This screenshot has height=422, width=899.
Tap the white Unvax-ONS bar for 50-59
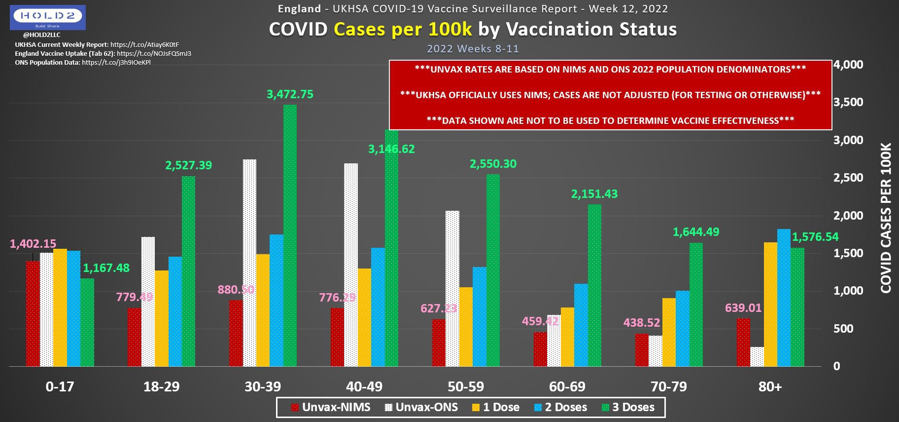pyautogui.click(x=452, y=288)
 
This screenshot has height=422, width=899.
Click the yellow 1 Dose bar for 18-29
pyautogui.click(x=162, y=318)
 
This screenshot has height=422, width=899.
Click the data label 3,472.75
pyautogui.click(x=290, y=94)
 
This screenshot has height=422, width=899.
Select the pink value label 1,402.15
pyautogui.click(x=33, y=243)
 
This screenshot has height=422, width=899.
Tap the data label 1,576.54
pyautogui.click(x=815, y=237)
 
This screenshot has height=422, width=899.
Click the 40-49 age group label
pyautogui.click(x=364, y=386)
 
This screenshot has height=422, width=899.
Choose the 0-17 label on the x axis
pyautogui.click(x=60, y=386)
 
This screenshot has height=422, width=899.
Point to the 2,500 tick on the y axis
pyautogui.click(x=848, y=178)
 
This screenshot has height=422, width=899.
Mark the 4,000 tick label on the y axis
pyautogui.click(x=848, y=65)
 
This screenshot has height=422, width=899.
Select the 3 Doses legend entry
pyautogui.click(x=628, y=407)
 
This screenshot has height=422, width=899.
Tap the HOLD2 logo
pyautogui.click(x=48, y=17)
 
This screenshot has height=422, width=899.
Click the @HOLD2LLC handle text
pyautogui.click(x=41, y=35)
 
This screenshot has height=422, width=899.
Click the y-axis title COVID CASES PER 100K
pyautogui.click(x=886, y=218)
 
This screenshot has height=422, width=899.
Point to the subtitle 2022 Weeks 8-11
pyautogui.click(x=473, y=49)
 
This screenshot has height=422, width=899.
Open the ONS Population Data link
pyautogui.click(x=116, y=63)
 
